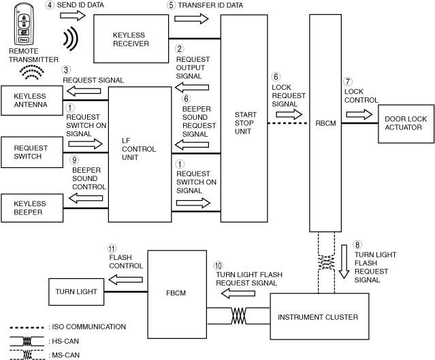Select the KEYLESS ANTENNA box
tap(30, 101)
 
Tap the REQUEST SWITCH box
tap(28, 152)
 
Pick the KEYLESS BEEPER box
tap(30, 208)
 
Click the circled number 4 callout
tap(50, 5)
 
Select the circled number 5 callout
tap(172, 5)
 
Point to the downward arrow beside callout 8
tap(344, 261)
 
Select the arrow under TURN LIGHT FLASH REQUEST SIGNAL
tap(235, 293)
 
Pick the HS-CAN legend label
tap(65, 340)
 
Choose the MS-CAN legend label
tap(65, 353)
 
